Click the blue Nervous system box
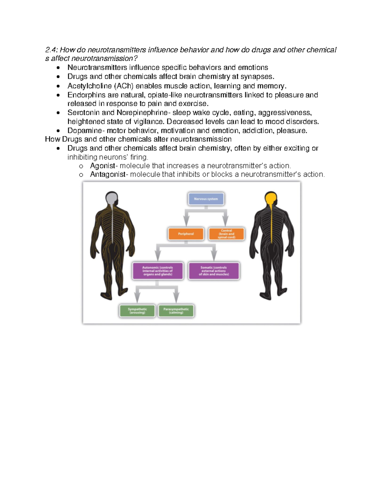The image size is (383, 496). click(x=206, y=199)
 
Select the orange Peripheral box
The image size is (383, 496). click(x=186, y=234)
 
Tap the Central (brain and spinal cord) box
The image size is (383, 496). click(x=226, y=234)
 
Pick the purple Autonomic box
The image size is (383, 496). click(x=158, y=271)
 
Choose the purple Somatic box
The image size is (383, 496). click(x=214, y=271)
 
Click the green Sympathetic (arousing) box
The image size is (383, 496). click(x=137, y=311)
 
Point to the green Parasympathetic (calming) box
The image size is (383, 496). click(x=176, y=311)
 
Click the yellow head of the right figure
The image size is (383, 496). click(x=271, y=199)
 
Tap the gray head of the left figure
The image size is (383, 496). click(x=111, y=199)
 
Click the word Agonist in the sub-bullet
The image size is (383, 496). click(x=102, y=166)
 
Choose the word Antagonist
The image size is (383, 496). click(x=108, y=174)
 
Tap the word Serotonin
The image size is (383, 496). click(x=83, y=113)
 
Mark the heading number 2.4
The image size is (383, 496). click(x=51, y=50)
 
